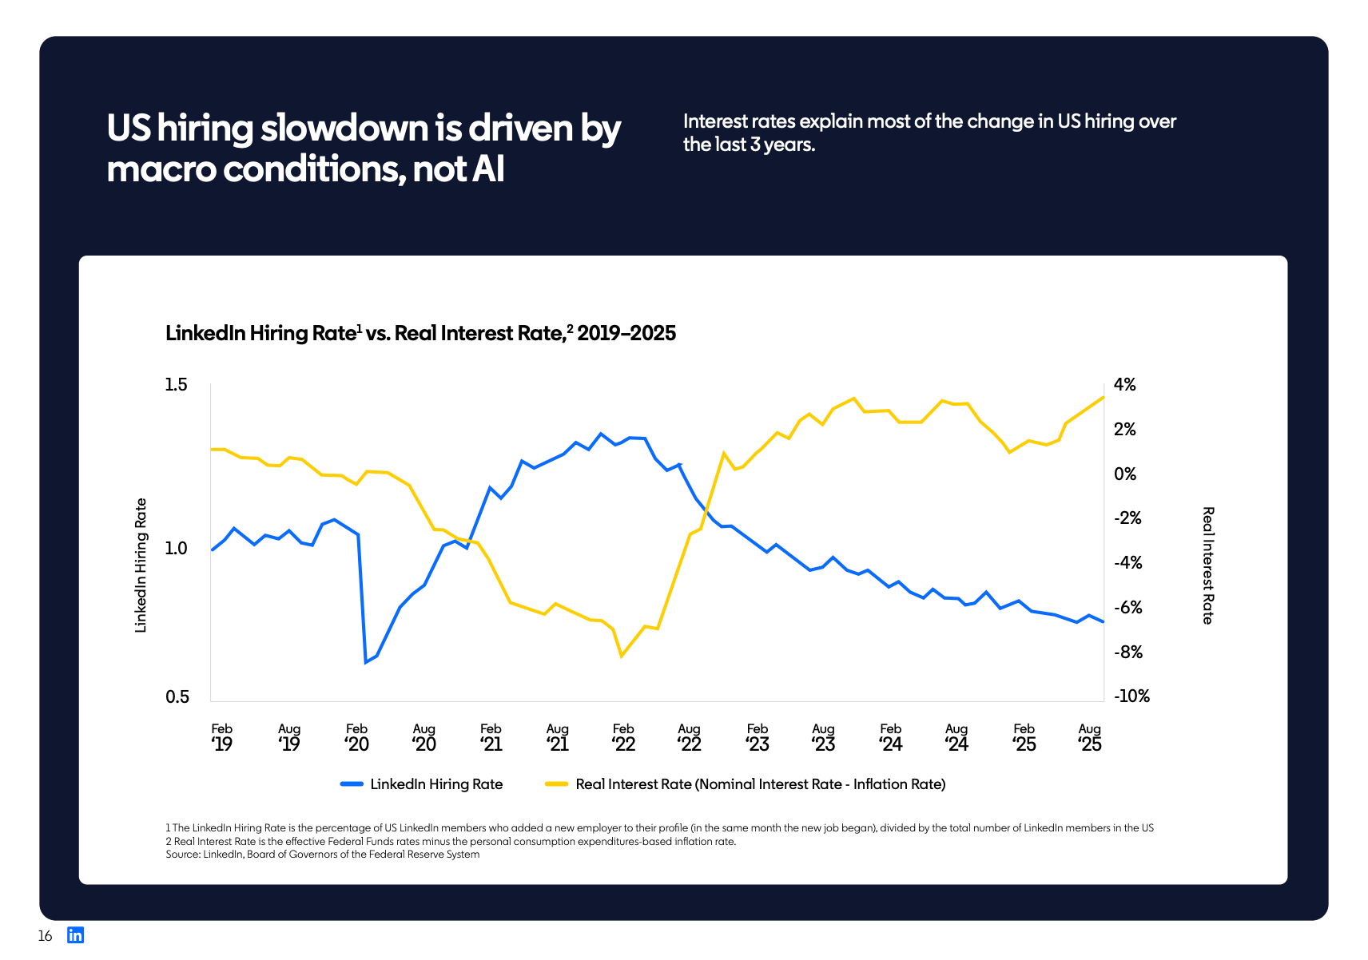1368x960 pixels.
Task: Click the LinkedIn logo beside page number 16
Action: (x=75, y=935)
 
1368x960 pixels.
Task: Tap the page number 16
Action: (x=45, y=936)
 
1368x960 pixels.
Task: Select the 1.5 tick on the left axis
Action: (x=176, y=385)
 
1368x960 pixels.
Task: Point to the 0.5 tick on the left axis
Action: (x=177, y=696)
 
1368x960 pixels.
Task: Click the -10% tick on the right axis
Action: (x=1131, y=696)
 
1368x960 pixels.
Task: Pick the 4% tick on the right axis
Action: (x=1124, y=385)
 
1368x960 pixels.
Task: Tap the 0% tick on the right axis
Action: (x=1124, y=474)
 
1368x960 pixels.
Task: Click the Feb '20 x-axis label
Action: (x=356, y=737)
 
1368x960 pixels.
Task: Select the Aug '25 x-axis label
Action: (x=1089, y=737)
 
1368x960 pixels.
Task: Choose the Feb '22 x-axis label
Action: (x=623, y=737)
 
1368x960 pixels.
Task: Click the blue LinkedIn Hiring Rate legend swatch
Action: (x=352, y=784)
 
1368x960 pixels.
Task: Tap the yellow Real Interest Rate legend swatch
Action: (x=556, y=784)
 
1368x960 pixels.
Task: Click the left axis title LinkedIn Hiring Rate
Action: (x=141, y=565)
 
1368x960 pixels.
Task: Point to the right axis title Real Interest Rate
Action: (x=1208, y=565)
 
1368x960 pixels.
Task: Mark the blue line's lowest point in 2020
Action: (x=366, y=662)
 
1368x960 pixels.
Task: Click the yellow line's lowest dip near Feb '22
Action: (x=622, y=657)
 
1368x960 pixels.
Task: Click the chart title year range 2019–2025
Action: (x=626, y=334)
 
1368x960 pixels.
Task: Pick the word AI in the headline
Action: (x=487, y=169)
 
